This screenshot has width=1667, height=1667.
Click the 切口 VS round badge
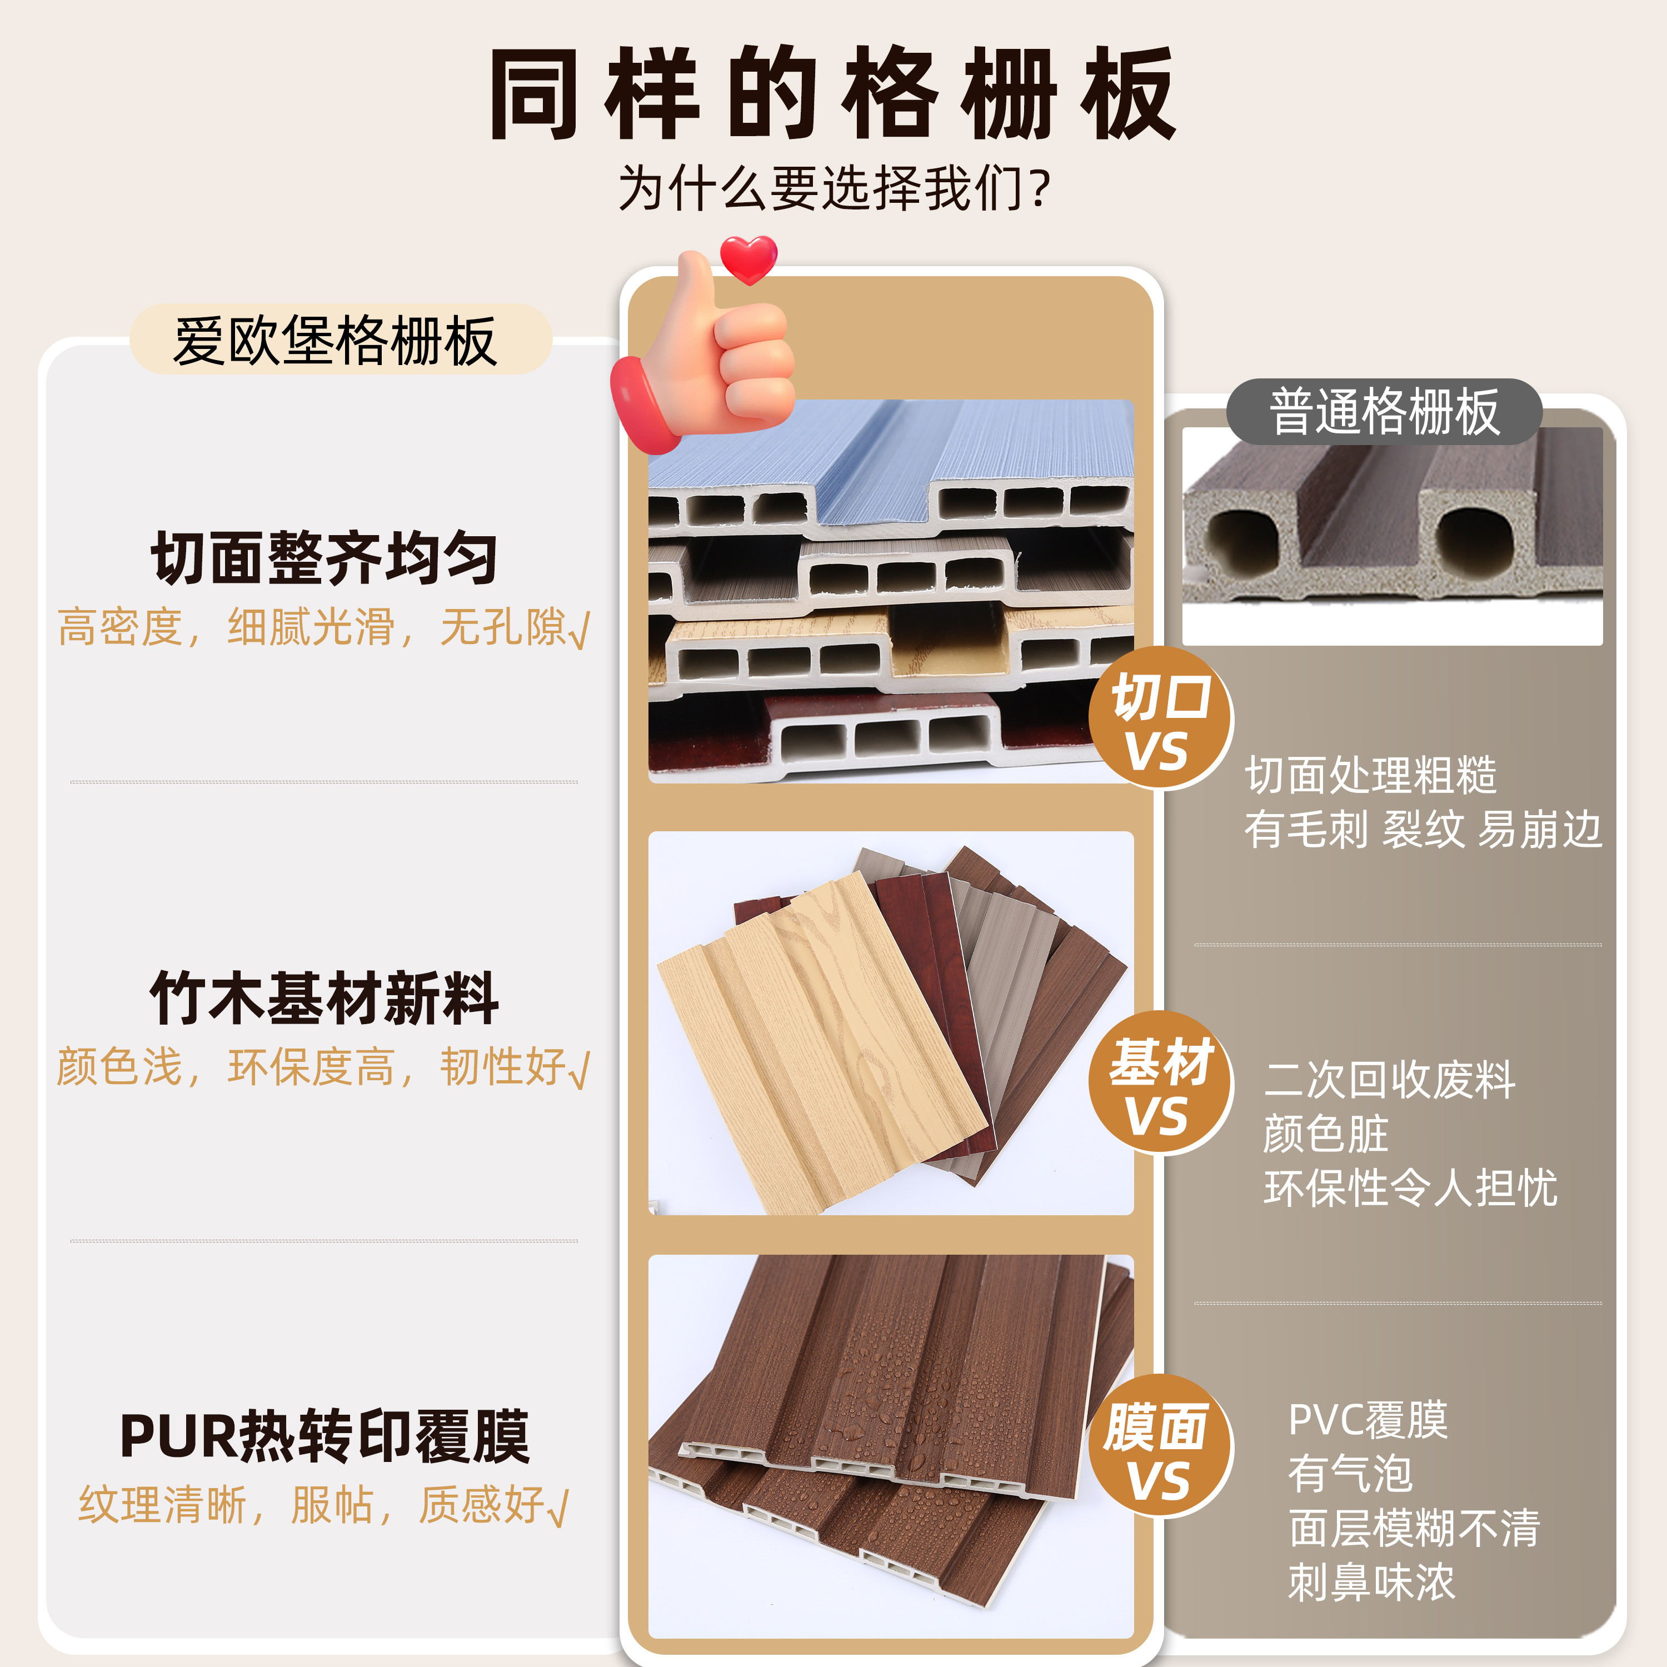(x=1161, y=718)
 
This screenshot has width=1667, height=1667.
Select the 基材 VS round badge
(x=1161, y=1083)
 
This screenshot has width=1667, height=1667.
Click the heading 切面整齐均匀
(x=325, y=558)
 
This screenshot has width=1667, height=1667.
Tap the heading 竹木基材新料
(x=325, y=999)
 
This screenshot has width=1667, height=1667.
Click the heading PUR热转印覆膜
(x=325, y=1436)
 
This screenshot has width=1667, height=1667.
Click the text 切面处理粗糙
(x=1370, y=775)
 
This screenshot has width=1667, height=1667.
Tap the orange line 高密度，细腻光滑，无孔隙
(x=323, y=627)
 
